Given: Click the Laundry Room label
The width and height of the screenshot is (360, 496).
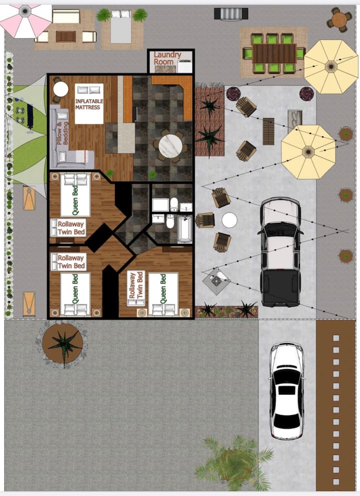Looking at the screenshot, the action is (x=167, y=58).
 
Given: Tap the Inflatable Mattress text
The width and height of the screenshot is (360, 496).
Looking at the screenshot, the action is (x=89, y=104).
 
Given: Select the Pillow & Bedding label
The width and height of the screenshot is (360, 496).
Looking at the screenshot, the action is (x=62, y=132).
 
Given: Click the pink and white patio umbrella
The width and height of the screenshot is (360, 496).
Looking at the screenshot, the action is (x=25, y=19).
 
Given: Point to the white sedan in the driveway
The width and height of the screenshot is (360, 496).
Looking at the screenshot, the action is (x=287, y=391).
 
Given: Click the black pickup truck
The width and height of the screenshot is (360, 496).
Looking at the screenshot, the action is (x=280, y=252).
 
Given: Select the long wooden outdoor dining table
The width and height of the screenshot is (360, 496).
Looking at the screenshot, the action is (x=274, y=53).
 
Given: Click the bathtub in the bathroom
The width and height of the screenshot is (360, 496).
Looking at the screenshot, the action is (x=184, y=229).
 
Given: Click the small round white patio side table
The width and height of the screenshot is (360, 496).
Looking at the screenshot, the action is (x=229, y=220).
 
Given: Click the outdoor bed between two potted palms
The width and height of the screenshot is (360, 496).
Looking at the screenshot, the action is (x=121, y=27).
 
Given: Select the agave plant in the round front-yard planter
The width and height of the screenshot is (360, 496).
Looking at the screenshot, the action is (x=64, y=344).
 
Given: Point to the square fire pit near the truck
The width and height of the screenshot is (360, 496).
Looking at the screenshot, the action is (x=216, y=281).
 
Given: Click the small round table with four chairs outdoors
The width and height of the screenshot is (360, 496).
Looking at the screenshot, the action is (x=339, y=19).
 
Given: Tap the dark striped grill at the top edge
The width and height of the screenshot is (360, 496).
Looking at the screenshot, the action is (x=231, y=13).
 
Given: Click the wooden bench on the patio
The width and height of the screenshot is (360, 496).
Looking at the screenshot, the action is (x=268, y=131).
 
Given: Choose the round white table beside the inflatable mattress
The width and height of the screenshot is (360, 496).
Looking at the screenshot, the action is (x=61, y=89).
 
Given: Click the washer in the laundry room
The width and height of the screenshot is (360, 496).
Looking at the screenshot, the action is (x=185, y=66).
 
